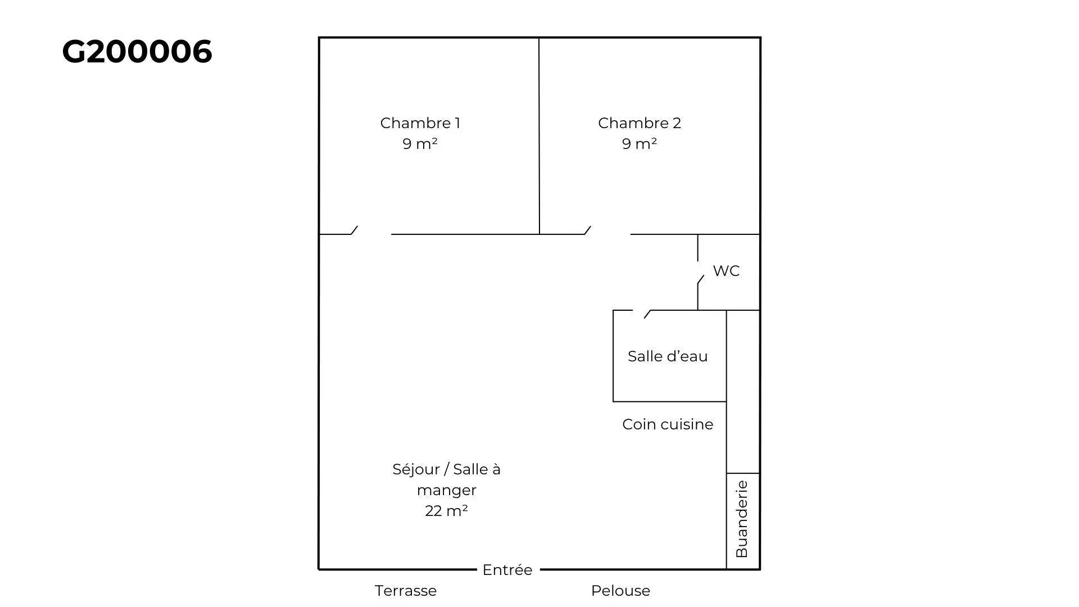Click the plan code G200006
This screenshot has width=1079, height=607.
pos(137,52)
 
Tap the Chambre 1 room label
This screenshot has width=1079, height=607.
pos(420,123)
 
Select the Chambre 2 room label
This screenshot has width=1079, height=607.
pos(640,123)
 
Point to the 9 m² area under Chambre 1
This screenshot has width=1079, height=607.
pos(420,144)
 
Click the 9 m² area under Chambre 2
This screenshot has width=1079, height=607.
pos(640,144)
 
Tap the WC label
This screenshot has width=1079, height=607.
pos(726,271)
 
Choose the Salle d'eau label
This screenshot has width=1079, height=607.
pos(668,356)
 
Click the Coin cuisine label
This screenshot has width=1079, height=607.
pos(668,424)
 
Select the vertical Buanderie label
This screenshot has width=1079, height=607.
pos(742,519)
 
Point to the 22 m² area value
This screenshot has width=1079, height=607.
pos(447,511)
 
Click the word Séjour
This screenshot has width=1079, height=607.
pos(416,469)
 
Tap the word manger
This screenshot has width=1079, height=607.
pos(447,491)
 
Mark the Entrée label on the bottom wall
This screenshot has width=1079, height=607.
pos(507,570)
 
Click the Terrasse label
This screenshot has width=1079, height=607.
pos(406,591)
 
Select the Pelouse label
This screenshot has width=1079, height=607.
pos(620,591)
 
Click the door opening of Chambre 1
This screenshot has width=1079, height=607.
pos(371,234)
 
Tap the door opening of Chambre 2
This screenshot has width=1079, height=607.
pos(607,234)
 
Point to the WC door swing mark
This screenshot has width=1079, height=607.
pos(700,279)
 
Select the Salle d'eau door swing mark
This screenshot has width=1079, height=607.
pos(647,314)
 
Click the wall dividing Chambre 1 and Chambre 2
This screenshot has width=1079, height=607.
pos(539,136)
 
